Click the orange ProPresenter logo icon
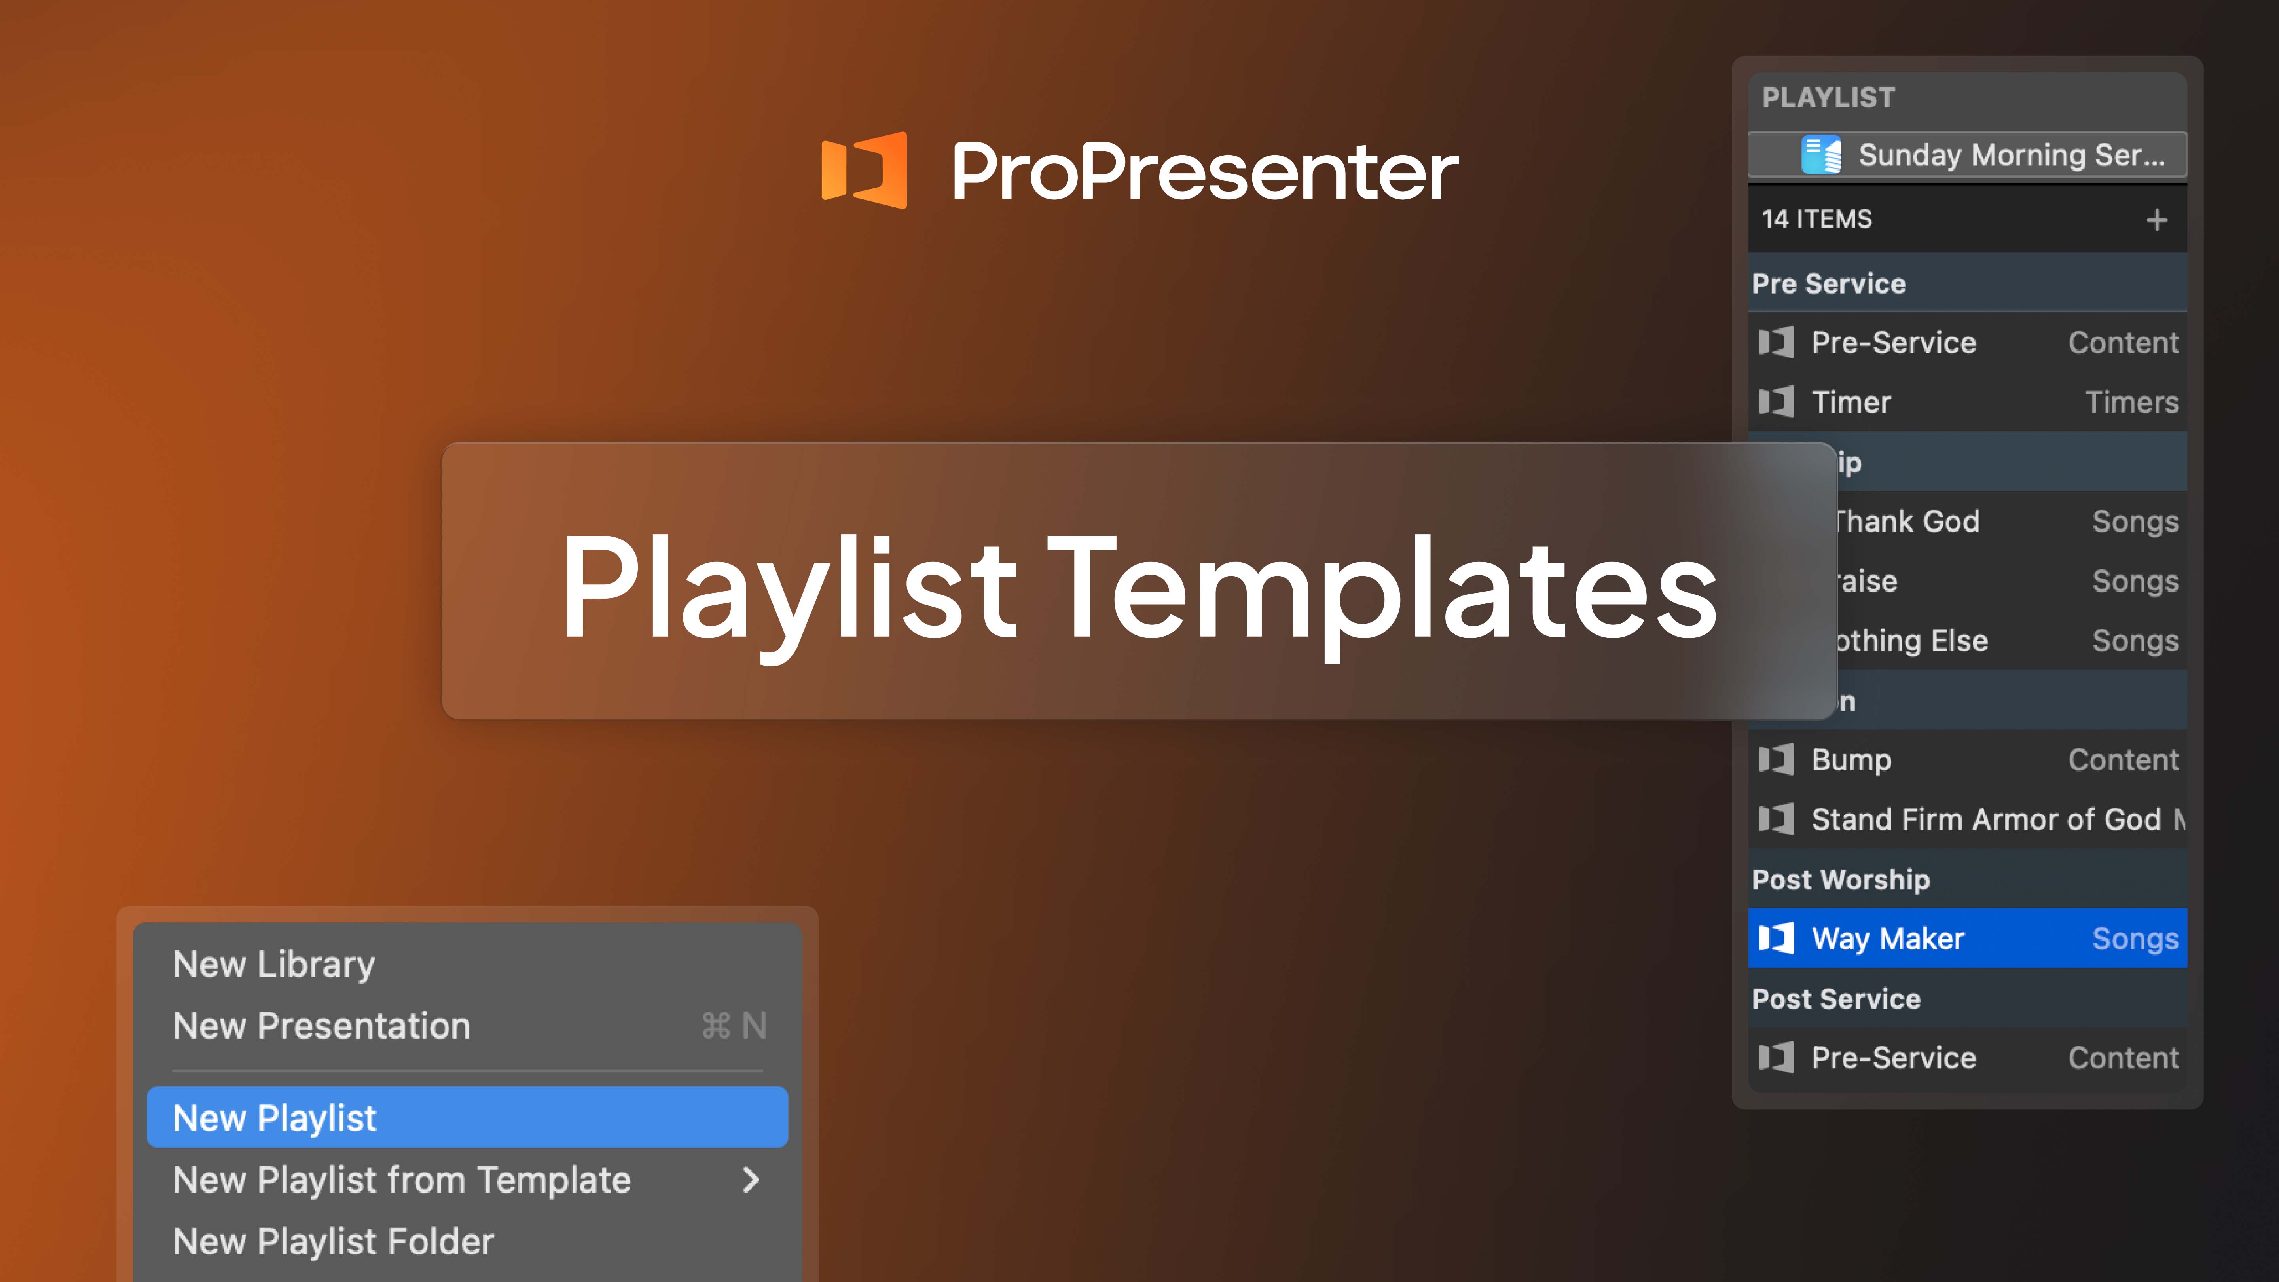coord(863,170)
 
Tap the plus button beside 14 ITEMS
coord(2156,220)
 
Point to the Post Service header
coord(1836,999)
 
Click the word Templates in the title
coord(1384,588)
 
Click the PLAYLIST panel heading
coord(1828,97)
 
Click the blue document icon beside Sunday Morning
coord(1821,155)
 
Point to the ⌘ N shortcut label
coord(734,1026)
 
